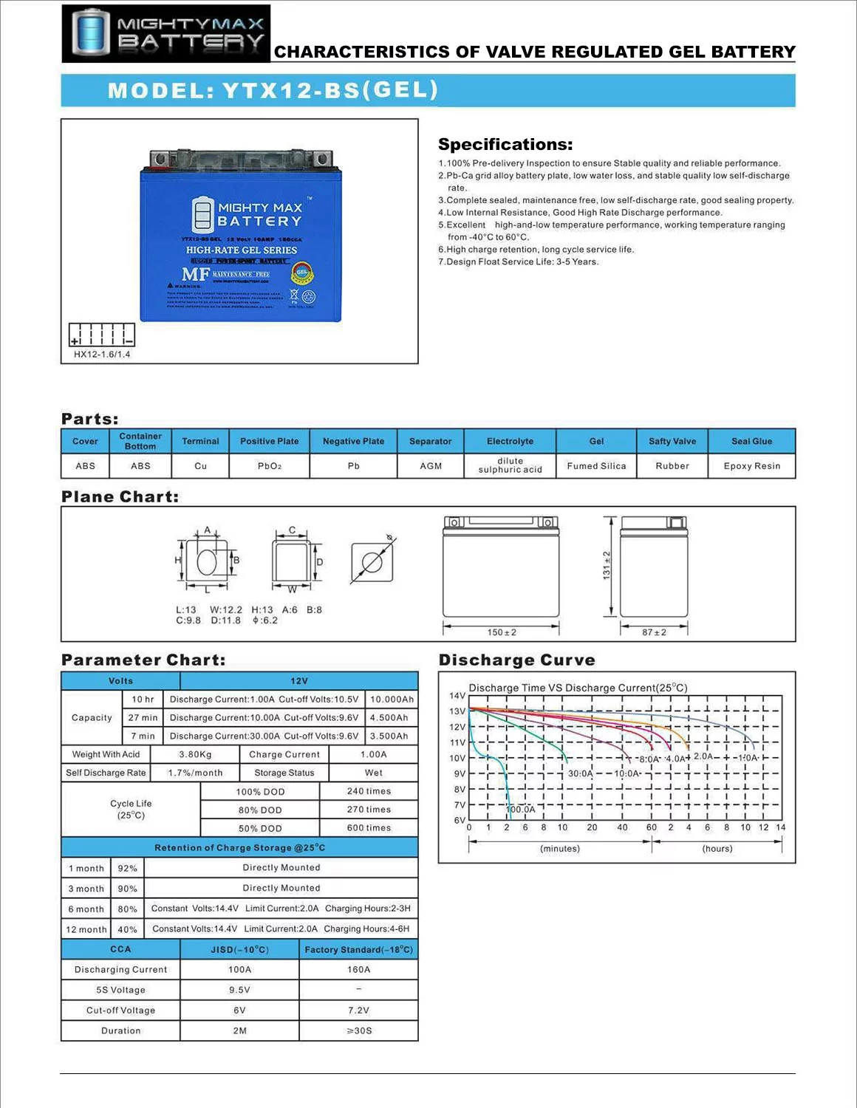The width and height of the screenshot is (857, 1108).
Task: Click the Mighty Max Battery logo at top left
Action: coord(166,33)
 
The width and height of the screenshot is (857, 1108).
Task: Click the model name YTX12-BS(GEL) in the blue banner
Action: coord(273,90)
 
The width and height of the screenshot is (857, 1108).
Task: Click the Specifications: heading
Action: coord(505,144)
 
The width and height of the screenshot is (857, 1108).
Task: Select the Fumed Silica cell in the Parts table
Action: coord(596,466)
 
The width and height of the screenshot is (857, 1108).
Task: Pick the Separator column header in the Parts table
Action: coord(431,441)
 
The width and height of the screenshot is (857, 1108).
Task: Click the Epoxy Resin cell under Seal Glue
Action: coord(752,466)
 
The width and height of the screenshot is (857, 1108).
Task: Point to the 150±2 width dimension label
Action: coord(502,632)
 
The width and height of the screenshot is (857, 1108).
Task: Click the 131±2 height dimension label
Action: coord(607,565)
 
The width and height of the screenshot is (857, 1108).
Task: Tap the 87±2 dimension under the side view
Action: coord(654,632)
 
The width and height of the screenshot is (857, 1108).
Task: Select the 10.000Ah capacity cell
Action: coord(392,700)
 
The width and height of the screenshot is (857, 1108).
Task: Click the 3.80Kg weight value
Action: coord(195,754)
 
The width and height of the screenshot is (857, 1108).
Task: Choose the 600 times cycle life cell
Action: coord(369,828)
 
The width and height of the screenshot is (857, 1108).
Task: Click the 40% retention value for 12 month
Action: coord(127,929)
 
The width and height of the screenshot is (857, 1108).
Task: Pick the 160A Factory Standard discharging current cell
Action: coord(358,969)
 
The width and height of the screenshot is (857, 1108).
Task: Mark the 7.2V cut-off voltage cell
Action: coord(358,1010)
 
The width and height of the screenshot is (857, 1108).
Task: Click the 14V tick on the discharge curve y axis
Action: coord(457,696)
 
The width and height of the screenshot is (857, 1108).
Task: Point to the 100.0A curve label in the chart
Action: coord(521,810)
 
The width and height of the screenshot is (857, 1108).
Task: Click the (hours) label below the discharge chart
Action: coord(717,849)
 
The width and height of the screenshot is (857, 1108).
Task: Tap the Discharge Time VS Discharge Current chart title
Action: coord(578,688)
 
